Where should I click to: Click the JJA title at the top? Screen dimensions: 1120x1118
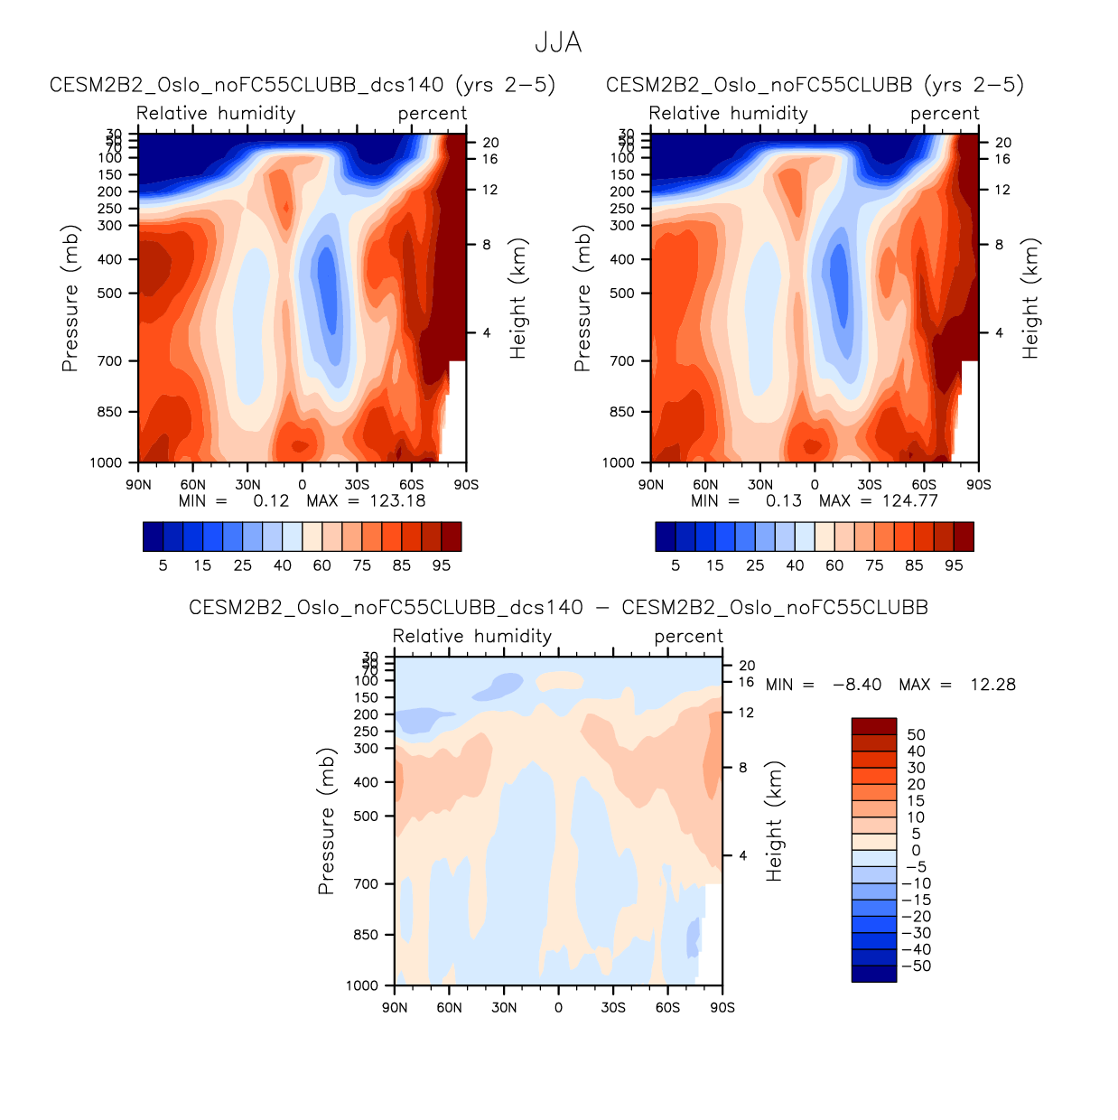point(558,43)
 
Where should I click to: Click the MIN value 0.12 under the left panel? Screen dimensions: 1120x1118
point(271,501)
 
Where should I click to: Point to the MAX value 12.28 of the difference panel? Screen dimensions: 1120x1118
point(992,685)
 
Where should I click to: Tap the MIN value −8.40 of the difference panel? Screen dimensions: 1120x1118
point(856,685)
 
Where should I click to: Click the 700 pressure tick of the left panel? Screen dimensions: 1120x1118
point(109,361)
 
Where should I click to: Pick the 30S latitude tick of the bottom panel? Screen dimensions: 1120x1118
point(613,1008)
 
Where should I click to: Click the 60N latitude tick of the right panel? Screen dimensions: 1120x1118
point(705,485)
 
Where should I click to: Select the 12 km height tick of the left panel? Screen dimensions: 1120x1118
point(490,191)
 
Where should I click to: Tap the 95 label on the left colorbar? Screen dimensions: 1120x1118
point(442,566)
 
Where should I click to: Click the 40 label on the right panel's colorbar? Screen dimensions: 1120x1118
point(795,566)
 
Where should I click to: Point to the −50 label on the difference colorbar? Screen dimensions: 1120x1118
point(915,966)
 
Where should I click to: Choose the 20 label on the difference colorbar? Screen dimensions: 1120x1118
point(916,785)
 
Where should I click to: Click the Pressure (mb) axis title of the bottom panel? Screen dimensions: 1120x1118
point(326,821)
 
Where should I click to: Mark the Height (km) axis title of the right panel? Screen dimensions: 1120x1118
point(1030,299)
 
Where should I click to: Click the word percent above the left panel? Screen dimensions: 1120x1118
point(433,114)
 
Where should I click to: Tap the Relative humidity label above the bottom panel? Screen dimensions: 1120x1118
point(472,637)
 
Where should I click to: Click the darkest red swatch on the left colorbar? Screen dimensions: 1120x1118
point(452,537)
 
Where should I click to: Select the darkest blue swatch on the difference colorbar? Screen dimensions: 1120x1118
point(873,974)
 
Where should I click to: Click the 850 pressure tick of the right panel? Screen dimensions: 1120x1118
point(622,412)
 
